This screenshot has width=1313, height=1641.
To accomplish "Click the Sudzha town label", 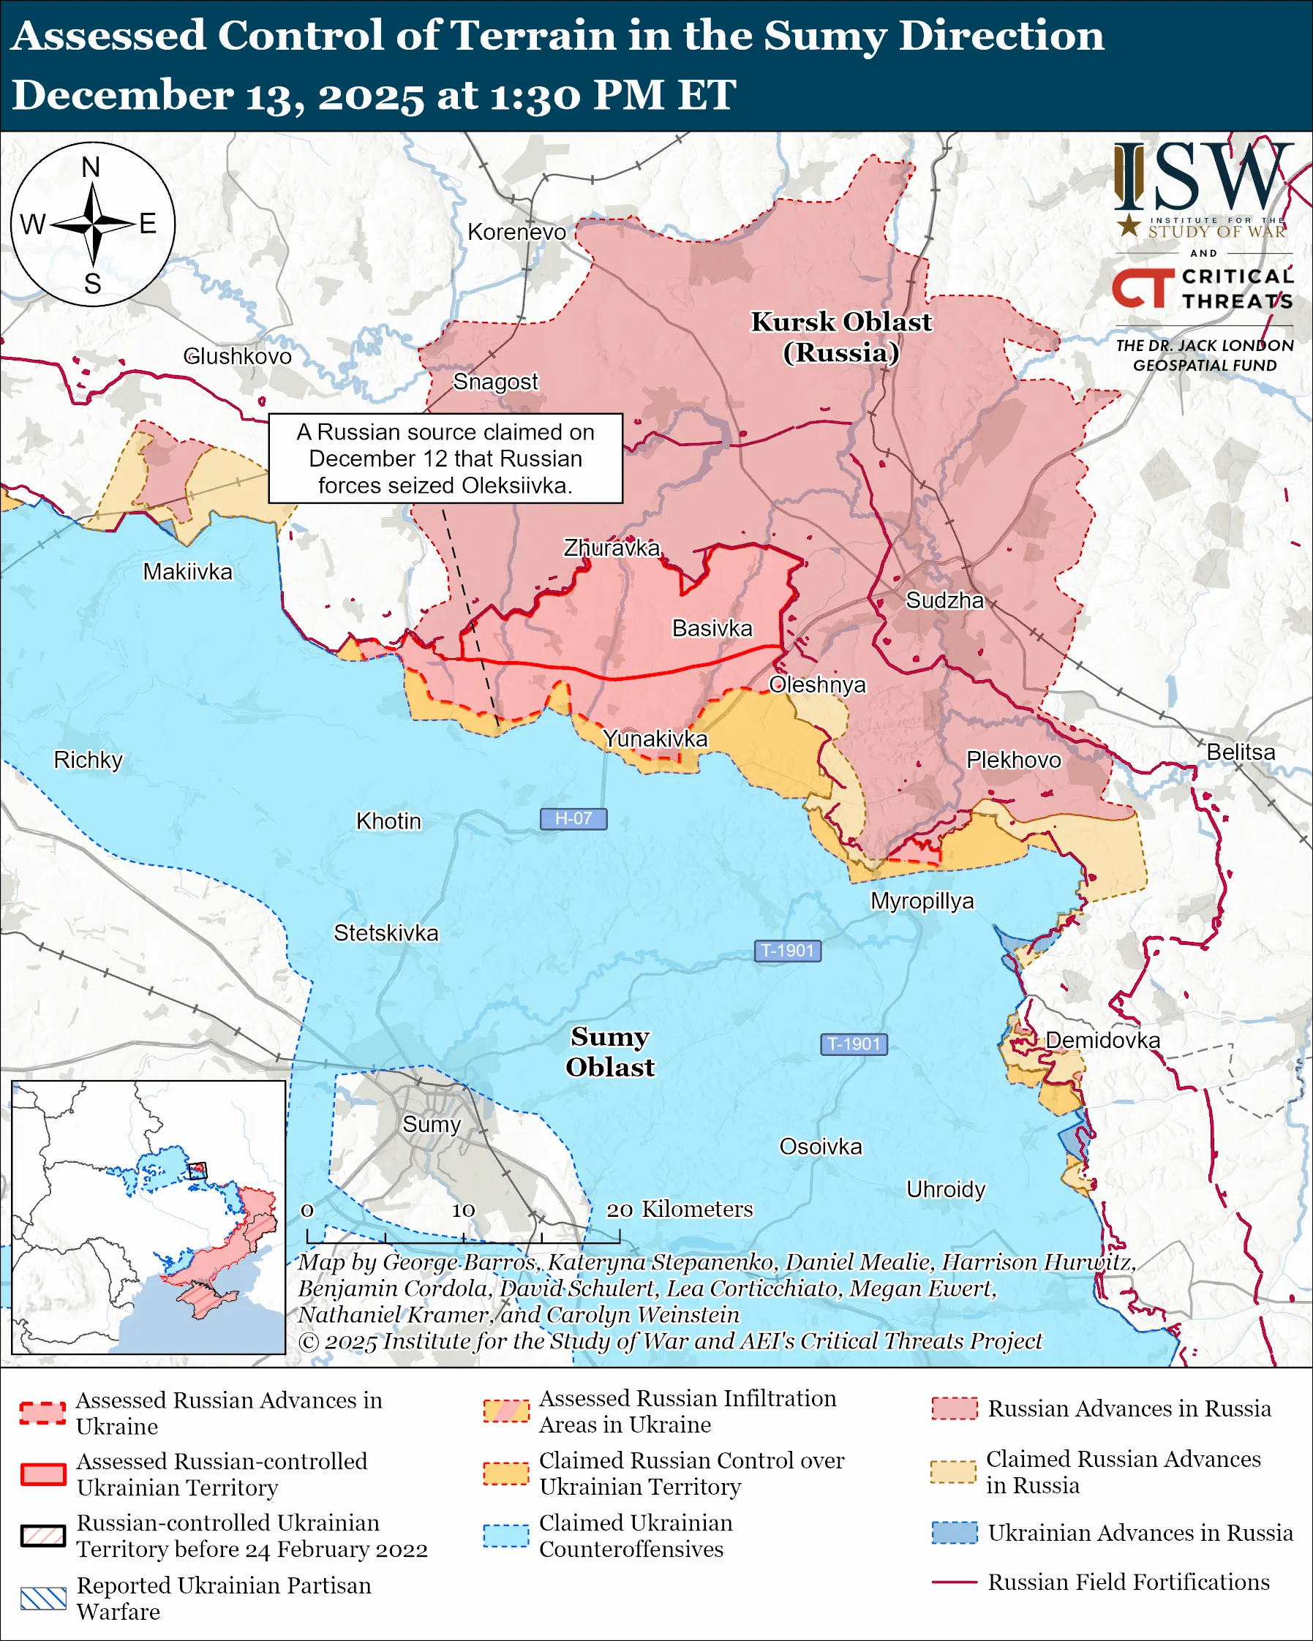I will click(x=944, y=600).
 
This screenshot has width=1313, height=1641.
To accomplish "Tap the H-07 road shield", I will click(x=573, y=818).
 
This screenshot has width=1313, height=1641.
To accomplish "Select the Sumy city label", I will click(x=432, y=1124).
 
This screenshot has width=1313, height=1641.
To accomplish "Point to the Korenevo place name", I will click(x=517, y=232).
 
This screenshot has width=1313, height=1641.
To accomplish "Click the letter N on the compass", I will click(x=91, y=167).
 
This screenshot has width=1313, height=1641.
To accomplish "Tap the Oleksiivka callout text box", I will click(x=445, y=459).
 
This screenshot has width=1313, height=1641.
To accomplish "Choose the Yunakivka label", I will click(x=655, y=739).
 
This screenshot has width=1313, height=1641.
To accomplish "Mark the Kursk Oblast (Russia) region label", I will click(x=841, y=336).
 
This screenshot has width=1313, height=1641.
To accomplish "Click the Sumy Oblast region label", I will click(x=610, y=1051).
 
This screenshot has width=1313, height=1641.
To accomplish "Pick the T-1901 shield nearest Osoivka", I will click(x=853, y=1044).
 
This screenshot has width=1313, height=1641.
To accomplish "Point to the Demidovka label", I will click(x=1102, y=1040).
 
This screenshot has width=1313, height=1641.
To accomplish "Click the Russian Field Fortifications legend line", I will click(x=954, y=1582).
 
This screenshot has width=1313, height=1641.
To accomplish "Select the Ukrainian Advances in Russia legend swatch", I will click(x=954, y=1532).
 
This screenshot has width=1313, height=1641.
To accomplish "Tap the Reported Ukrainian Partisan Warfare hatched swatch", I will click(x=42, y=1599).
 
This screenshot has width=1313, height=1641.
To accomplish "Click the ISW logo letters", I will click(x=1203, y=179).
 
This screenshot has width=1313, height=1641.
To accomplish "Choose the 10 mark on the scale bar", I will click(x=463, y=1210).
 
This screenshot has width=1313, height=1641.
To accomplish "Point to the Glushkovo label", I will click(x=238, y=356).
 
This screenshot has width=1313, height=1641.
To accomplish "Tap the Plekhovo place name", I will click(x=1013, y=760).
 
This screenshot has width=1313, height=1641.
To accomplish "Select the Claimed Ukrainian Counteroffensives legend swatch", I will click(x=505, y=1535).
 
